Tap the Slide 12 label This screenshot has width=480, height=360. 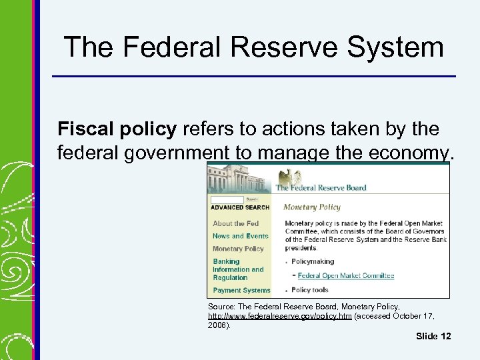point(433,336)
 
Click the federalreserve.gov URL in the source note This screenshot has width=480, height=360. point(280,315)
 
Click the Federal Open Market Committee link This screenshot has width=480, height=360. point(345,275)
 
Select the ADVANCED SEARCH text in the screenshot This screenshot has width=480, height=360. point(240,207)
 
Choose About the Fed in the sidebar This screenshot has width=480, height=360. point(235,224)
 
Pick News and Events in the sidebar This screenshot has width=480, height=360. point(240,236)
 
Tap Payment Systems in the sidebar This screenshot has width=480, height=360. point(241,290)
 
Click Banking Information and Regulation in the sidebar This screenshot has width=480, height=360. point(238,269)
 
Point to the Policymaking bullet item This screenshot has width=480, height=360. point(312,261)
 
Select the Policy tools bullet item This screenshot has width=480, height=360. point(309,290)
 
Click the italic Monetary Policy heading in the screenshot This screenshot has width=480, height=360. point(312,207)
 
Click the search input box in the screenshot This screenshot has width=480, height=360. point(227,199)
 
